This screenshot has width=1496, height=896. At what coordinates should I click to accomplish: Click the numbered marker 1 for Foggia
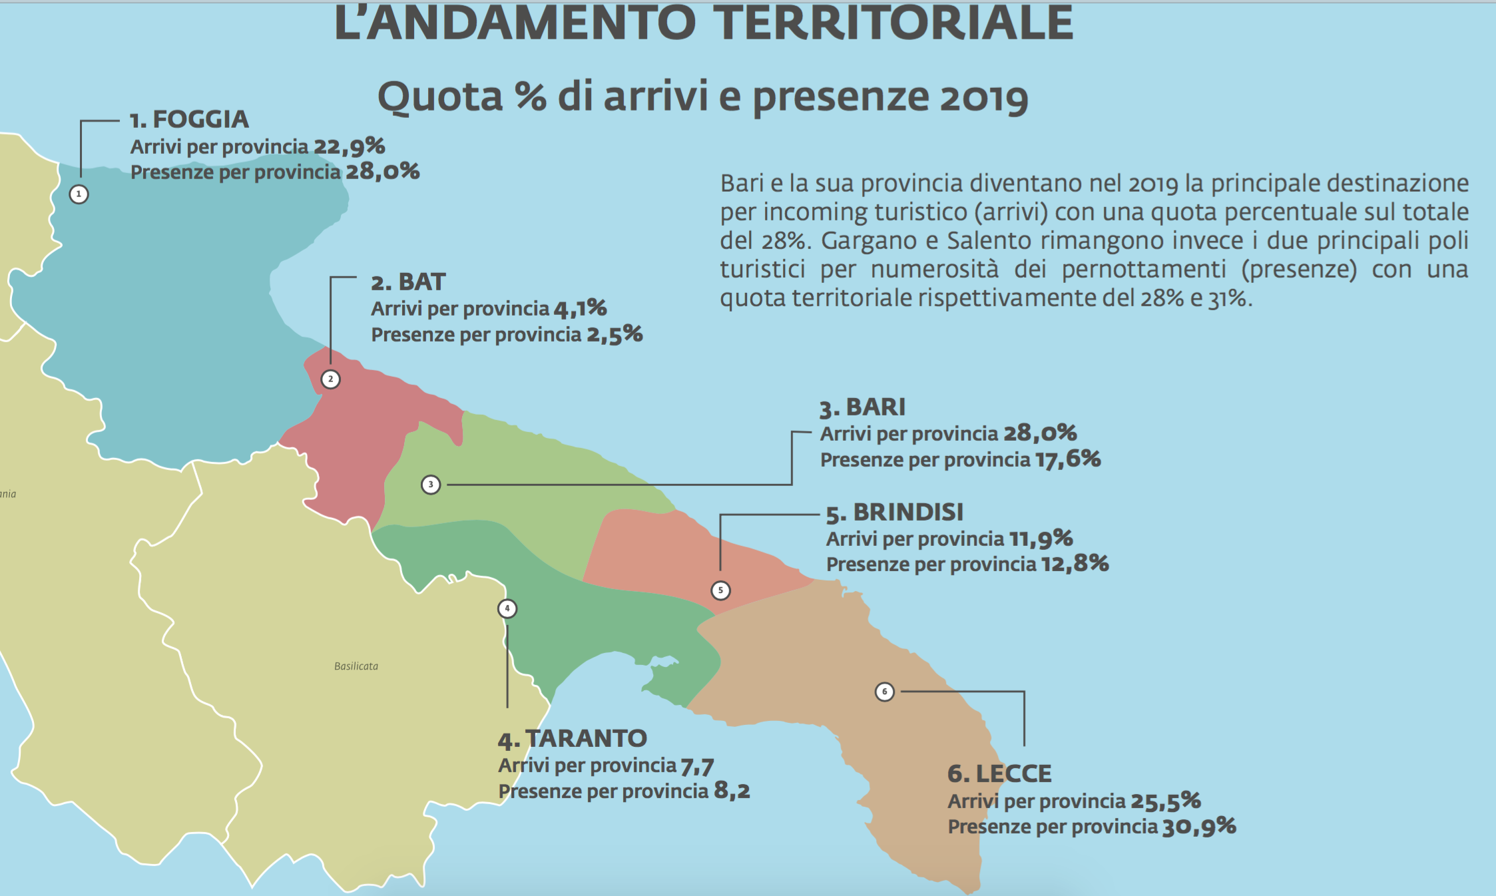(79, 194)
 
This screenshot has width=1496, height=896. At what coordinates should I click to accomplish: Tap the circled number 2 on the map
(330, 379)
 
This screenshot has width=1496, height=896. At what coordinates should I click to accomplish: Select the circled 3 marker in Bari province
(431, 485)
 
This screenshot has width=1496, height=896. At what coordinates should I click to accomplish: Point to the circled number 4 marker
(507, 608)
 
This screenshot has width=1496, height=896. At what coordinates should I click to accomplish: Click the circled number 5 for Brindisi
(720, 590)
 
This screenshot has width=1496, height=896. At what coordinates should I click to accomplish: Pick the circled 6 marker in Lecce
(884, 692)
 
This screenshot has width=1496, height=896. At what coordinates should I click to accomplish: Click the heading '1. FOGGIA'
(189, 120)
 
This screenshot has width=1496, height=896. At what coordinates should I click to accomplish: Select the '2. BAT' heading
(408, 282)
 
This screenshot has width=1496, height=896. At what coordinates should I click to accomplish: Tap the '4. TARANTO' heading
(573, 739)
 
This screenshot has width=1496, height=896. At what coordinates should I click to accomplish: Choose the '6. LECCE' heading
(999, 774)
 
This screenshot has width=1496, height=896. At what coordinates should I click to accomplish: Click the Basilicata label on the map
(356, 666)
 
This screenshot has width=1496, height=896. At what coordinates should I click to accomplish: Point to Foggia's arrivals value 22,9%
(350, 146)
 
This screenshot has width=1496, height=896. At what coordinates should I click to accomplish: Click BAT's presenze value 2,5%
(615, 334)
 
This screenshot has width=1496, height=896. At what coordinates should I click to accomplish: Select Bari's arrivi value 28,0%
(1040, 433)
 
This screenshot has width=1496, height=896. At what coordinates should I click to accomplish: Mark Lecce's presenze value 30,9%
(1199, 827)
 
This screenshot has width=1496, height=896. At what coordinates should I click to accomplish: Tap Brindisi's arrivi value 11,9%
(1041, 539)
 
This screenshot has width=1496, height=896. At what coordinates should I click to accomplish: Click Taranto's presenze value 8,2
(732, 791)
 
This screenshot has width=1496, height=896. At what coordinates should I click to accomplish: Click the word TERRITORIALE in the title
(895, 23)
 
